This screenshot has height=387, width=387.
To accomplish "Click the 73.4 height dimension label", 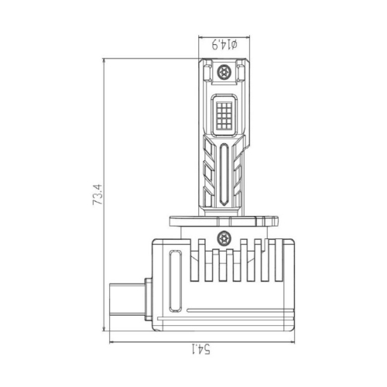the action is point(98,194).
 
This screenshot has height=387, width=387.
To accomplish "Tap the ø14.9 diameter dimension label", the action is point(224,44).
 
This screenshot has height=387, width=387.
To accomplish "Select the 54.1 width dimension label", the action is point(201,349).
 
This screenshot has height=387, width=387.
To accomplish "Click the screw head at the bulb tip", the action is point(224,71).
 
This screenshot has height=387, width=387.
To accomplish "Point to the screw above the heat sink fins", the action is point(224,238).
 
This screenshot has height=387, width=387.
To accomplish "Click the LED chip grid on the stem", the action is point(224,115).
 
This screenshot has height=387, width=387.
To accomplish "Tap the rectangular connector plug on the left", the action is point(127,300).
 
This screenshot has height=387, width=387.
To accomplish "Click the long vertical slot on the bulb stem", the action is point(224,174).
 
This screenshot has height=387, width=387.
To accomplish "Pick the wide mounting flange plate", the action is point(224,221).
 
